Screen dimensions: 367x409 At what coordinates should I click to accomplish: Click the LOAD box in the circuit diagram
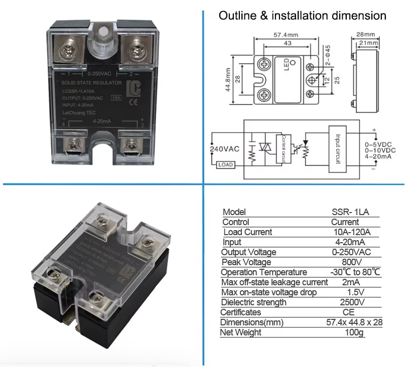coord(225,164)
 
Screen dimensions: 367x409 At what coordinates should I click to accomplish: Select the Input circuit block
coord(337,148)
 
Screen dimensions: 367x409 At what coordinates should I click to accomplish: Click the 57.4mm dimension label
coord(286,36)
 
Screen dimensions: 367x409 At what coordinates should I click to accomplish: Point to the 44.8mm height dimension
coord(228,80)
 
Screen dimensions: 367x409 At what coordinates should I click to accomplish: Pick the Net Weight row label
coord(241,332)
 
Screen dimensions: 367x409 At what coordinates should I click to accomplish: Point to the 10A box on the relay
coord(116,98)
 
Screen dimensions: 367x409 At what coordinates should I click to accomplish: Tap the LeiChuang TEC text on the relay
coord(78,112)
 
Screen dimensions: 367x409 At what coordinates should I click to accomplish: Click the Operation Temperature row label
coord(264,272)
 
